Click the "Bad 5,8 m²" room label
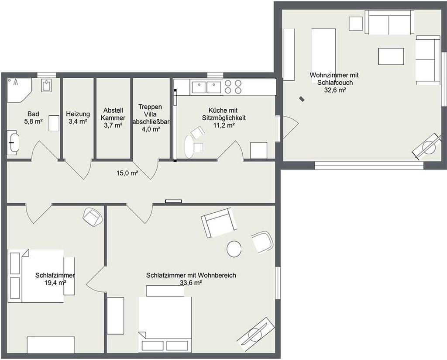click(x=33, y=118)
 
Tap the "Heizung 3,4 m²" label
click(x=78, y=118)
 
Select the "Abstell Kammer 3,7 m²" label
click(x=113, y=118)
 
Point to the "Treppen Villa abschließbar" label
click(x=151, y=114)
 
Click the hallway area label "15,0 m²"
click(x=127, y=173)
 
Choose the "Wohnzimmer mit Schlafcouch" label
click(x=334, y=79)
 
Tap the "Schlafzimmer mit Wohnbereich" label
click(x=191, y=275)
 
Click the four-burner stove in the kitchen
click(x=233, y=87)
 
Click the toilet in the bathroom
click(x=13, y=142)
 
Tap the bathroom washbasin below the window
click(x=47, y=85)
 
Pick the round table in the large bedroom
click(x=234, y=249)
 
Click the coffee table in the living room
click(x=391, y=56)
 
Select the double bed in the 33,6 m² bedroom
click(x=165, y=325)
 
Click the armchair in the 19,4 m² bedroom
click(x=93, y=217)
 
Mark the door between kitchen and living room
click(x=288, y=127)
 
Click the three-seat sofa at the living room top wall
click(x=389, y=22)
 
